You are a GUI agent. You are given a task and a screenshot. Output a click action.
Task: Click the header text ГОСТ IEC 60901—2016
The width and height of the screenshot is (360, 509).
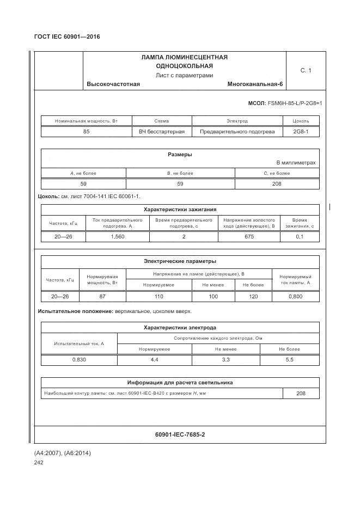pos(67,37)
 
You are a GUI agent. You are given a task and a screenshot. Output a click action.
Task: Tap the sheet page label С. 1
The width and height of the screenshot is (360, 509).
pos(306,70)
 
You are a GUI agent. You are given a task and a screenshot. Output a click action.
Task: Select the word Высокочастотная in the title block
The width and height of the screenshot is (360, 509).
pos(113,84)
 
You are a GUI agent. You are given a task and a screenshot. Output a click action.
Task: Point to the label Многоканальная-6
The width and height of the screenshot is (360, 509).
pos(255,84)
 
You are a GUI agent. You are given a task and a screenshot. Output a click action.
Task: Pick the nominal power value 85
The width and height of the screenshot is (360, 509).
pos(87,132)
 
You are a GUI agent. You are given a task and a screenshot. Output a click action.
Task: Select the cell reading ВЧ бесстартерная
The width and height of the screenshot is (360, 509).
pos(162,132)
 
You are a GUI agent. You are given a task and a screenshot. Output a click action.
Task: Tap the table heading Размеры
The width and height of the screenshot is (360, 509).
pos(180,155)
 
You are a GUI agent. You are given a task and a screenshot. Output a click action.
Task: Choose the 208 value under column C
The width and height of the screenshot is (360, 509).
pos(277,184)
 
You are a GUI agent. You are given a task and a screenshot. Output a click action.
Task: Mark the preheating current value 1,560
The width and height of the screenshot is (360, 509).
pos(118,237)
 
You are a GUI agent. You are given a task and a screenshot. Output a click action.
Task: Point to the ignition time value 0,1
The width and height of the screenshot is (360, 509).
pos(300,237)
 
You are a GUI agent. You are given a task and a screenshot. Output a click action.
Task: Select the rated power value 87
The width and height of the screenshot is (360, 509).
pos(102,297)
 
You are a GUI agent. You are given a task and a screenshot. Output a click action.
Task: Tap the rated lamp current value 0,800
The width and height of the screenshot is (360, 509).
pos(296,297)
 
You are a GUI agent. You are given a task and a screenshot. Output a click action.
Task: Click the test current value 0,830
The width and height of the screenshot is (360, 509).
pos(79,360)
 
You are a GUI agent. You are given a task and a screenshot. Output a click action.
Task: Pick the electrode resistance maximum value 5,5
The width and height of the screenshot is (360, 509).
pos(289,360)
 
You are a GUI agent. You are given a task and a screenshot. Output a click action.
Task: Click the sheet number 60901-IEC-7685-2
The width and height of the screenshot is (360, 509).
pos(180,434)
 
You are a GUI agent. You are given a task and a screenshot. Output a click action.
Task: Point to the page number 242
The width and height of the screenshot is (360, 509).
pos(39,463)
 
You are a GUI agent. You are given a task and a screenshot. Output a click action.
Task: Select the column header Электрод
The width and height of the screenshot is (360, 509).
pos(237,121)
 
